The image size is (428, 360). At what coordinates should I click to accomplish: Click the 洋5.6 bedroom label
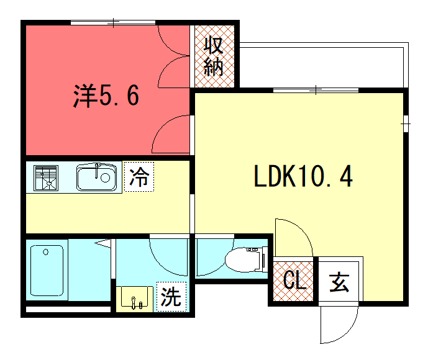[x=106, y=96]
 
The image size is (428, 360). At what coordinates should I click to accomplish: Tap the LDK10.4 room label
[x=303, y=176]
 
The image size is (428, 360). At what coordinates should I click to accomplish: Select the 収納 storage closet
[x=214, y=56]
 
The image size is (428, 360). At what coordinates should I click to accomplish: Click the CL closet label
[x=295, y=280]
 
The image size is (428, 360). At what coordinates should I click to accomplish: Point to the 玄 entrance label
[x=339, y=282]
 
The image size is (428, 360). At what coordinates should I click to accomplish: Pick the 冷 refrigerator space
[x=139, y=177]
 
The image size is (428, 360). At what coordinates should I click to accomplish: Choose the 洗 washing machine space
[x=171, y=297]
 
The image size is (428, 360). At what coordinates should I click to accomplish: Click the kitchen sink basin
[x=96, y=177]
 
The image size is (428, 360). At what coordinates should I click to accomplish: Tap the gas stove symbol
[x=46, y=178]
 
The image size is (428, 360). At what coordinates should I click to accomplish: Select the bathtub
[x=47, y=270]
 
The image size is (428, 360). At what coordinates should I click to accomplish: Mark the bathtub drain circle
[x=46, y=252]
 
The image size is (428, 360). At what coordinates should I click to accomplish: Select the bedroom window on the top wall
[x=113, y=22]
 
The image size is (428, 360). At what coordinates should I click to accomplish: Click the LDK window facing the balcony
[x=316, y=90]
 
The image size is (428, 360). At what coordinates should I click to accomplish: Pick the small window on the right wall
[x=406, y=124]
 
